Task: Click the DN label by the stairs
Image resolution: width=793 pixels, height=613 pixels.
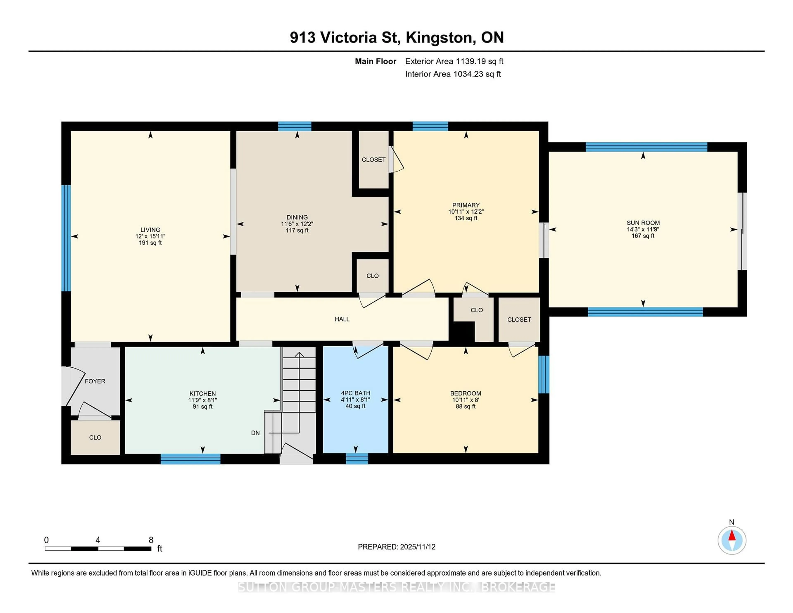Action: [255, 433]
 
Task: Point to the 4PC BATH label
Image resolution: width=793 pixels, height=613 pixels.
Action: [355, 393]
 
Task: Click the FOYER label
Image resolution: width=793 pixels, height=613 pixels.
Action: [95, 381]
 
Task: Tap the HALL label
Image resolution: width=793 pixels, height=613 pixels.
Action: [342, 319]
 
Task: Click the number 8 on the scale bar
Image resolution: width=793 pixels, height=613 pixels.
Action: [151, 540]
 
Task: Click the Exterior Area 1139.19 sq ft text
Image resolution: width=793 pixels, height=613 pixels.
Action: [454, 61]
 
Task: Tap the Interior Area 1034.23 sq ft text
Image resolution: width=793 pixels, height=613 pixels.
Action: [453, 74]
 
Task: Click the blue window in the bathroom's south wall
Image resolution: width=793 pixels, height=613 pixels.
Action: [357, 459]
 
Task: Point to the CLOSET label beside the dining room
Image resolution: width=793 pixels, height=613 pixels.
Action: [374, 159]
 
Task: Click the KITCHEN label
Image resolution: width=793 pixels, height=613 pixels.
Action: [203, 393]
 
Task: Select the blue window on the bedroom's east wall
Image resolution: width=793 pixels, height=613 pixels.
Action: [544, 374]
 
